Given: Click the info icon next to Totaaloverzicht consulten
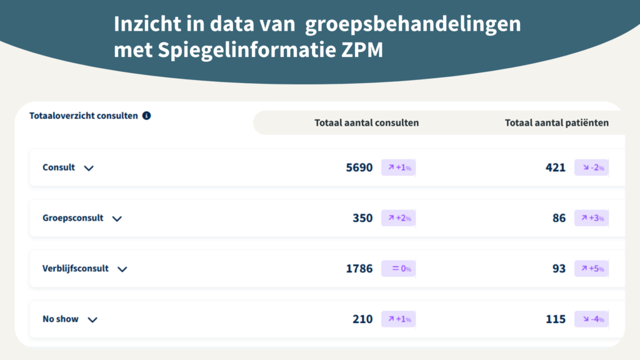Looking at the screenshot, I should click(146, 116).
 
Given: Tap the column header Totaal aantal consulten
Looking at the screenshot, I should click(366, 122).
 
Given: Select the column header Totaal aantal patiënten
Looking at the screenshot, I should click(556, 122).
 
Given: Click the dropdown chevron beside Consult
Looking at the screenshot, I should click(89, 168).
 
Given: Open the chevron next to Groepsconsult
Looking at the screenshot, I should click(117, 219).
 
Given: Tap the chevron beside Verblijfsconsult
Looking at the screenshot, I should click(122, 269).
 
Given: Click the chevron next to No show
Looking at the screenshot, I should click(92, 320).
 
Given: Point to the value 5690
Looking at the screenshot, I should click(359, 167).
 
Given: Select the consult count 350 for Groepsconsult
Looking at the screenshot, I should click(362, 218).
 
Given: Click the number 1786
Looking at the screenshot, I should click(359, 269).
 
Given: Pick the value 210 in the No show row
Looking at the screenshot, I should click(362, 319).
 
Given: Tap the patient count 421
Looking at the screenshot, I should click(555, 167).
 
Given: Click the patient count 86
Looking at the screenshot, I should click(559, 218).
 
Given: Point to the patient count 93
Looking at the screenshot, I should click(559, 269).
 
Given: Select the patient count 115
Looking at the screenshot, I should click(555, 319).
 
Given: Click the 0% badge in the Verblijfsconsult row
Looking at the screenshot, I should click(398, 269).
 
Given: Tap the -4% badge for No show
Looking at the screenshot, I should click(591, 319).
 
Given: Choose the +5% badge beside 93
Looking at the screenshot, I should click(591, 269).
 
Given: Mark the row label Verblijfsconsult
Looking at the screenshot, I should click(76, 269).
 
